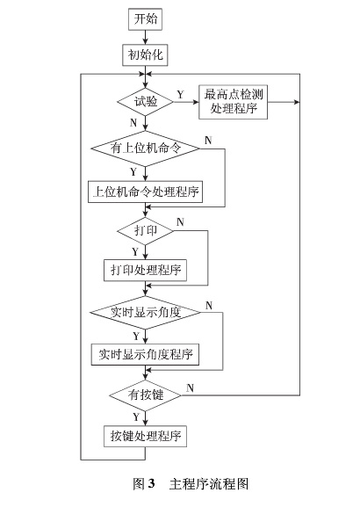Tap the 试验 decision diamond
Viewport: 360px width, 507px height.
146,101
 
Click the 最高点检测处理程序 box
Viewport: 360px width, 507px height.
235,101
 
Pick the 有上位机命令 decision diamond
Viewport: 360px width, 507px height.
146,149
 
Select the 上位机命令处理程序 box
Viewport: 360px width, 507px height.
146,192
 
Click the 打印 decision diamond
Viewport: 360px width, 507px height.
146,231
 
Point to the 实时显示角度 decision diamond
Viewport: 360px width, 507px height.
146,313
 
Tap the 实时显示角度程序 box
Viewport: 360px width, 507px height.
146,354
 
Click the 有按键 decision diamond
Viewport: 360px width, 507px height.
146,395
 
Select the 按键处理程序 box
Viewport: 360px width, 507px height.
146,436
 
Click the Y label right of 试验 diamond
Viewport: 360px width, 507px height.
180,93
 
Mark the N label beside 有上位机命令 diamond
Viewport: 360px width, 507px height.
207,141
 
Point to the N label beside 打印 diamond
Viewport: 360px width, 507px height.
180,222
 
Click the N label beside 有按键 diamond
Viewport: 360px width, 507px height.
191,387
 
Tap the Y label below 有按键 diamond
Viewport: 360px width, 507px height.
134,416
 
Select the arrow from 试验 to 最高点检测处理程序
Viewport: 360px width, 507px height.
186,102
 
